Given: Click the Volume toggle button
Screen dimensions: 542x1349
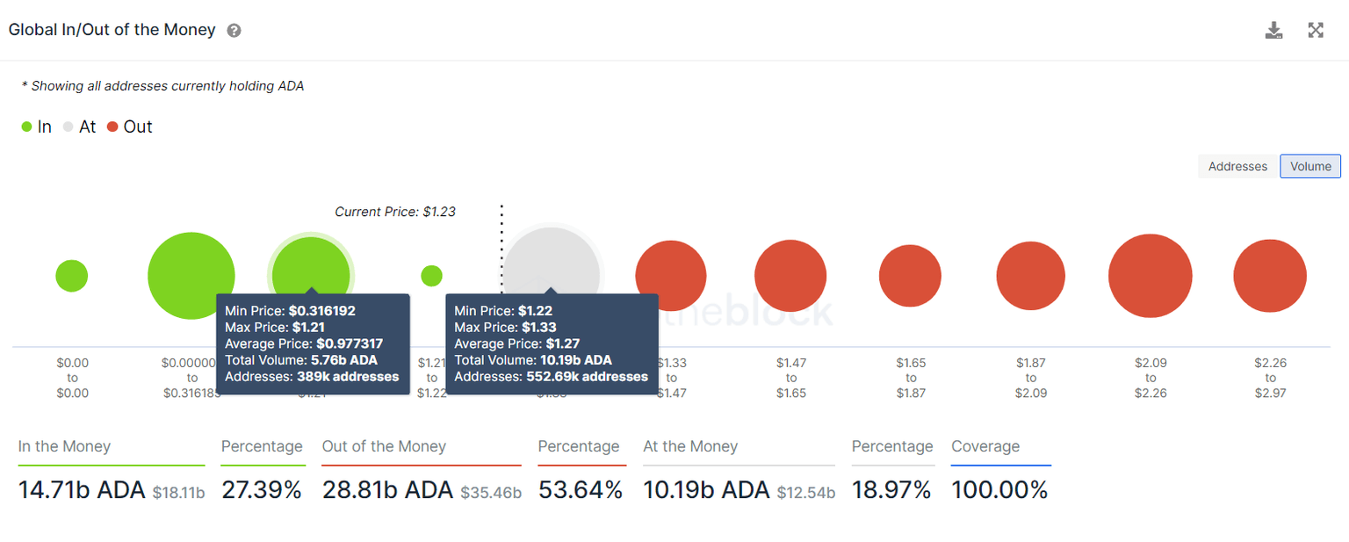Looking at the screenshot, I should [1310, 166].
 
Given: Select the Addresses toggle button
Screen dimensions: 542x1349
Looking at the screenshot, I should [1237, 166].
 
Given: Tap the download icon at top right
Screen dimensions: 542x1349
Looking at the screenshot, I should [1273, 31].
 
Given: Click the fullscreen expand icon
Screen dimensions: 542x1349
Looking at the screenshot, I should [1316, 31].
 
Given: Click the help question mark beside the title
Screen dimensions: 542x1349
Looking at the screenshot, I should [234, 31].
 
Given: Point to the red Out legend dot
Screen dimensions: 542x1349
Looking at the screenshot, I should [112, 127].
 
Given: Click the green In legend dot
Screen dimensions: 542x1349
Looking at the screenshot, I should [26, 127].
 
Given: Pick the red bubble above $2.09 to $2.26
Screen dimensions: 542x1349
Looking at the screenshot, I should [1150, 276].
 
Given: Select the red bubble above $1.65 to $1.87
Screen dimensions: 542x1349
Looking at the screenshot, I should [910, 276].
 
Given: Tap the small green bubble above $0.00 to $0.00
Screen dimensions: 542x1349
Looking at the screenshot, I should [72, 276].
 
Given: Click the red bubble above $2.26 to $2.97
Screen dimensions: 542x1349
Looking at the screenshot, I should [1270, 276].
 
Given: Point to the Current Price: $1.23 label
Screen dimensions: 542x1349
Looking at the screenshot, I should [395, 212].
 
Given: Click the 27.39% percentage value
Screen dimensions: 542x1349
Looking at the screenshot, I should [261, 489].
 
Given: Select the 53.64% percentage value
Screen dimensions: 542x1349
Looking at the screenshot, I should [580, 489].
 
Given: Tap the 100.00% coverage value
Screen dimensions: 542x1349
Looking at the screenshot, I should [999, 489].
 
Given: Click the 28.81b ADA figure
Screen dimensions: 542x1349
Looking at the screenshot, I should [387, 489].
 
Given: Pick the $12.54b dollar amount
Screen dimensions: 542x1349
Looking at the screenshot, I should [806, 492].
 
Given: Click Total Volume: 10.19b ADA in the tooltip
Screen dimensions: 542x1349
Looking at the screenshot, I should [533, 360].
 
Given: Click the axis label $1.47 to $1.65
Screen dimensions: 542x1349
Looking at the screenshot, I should [790, 378].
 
